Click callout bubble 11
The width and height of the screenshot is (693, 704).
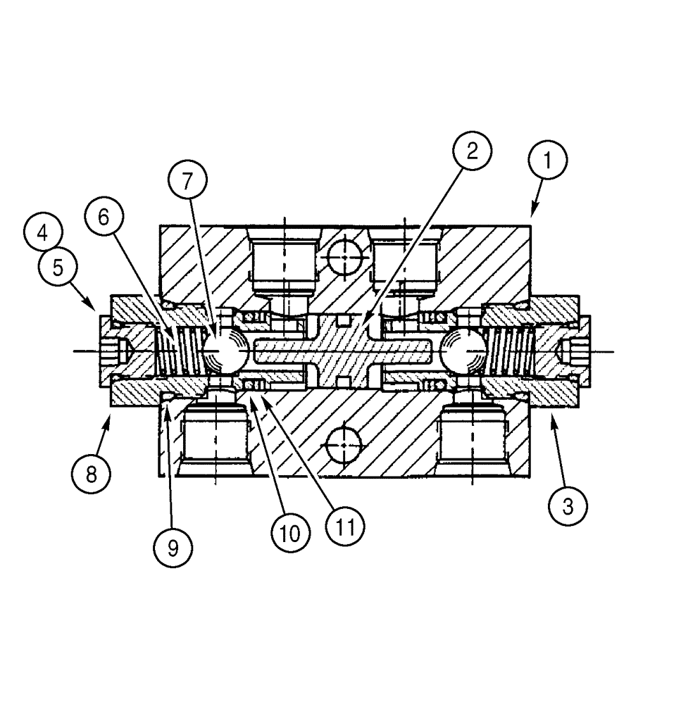[344, 525]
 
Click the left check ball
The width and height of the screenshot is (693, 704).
[225, 350]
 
